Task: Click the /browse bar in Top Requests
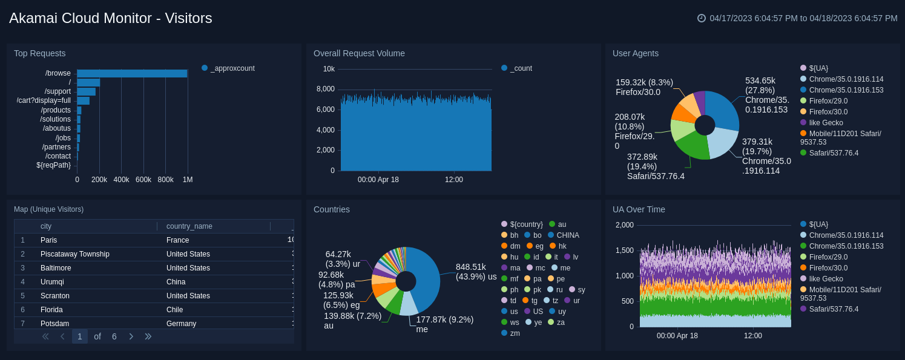[x=132, y=73]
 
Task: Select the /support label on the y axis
[x=58, y=91]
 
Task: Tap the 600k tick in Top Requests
[x=143, y=180]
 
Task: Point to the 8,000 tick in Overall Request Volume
[x=326, y=89]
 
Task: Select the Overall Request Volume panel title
[x=359, y=53]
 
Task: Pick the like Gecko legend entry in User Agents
[x=826, y=123]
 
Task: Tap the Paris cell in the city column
[x=49, y=240]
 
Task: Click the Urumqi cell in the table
[x=53, y=282]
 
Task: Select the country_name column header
[x=189, y=226]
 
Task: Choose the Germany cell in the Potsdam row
[x=181, y=324]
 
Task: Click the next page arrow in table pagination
[x=131, y=336]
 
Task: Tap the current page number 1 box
[x=80, y=336]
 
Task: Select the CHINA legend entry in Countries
[x=567, y=235]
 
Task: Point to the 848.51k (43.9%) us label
[x=476, y=272]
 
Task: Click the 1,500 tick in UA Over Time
[x=625, y=250]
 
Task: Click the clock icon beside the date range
[x=702, y=18]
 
